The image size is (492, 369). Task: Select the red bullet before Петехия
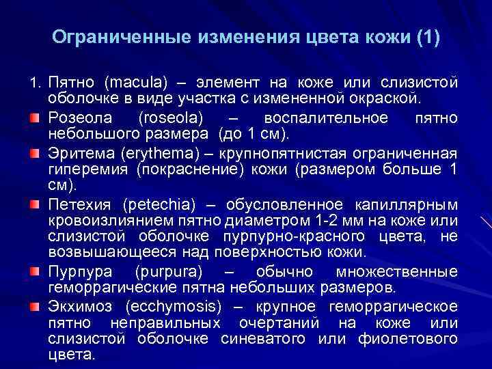[x=33, y=204]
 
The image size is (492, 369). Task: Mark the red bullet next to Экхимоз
[x=33, y=305]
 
